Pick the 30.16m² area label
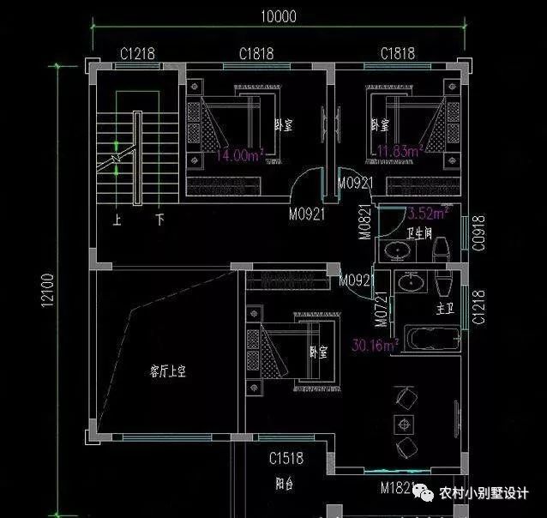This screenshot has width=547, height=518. pyautogui.click(x=375, y=346)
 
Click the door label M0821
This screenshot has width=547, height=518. pyautogui.click(x=364, y=221)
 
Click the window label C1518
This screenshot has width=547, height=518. pyautogui.click(x=286, y=459)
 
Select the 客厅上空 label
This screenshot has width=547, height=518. pyautogui.click(x=168, y=371)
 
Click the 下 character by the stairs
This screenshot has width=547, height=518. pyautogui.click(x=159, y=220)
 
